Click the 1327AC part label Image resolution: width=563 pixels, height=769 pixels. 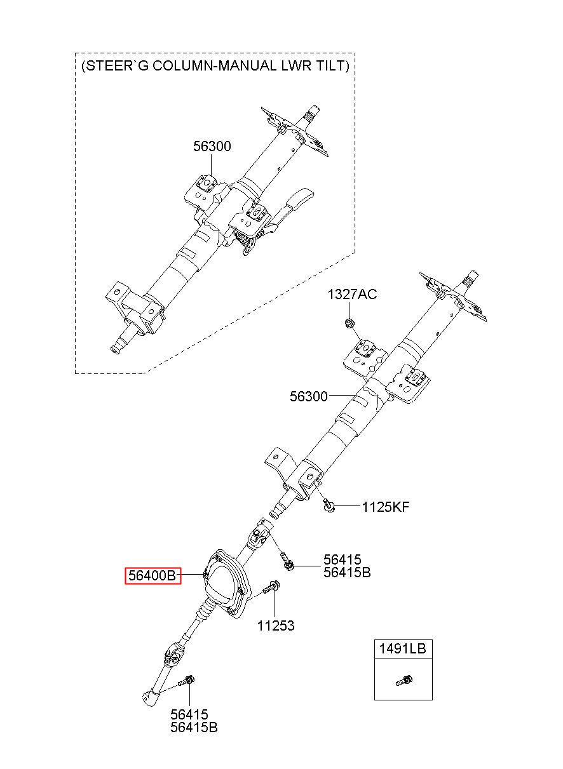[x=352, y=295]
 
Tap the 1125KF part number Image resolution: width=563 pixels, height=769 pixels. [x=386, y=507]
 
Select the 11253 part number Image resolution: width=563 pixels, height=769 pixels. [x=276, y=626]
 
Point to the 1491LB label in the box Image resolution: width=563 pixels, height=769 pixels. [x=403, y=649]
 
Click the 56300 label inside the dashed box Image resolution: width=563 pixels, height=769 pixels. [x=212, y=147]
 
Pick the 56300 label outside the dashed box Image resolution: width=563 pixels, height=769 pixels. [x=309, y=397]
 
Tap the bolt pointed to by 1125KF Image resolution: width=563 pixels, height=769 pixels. [x=329, y=505]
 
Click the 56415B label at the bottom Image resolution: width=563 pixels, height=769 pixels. [x=194, y=728]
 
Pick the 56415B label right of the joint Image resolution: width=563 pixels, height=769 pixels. [x=347, y=573]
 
